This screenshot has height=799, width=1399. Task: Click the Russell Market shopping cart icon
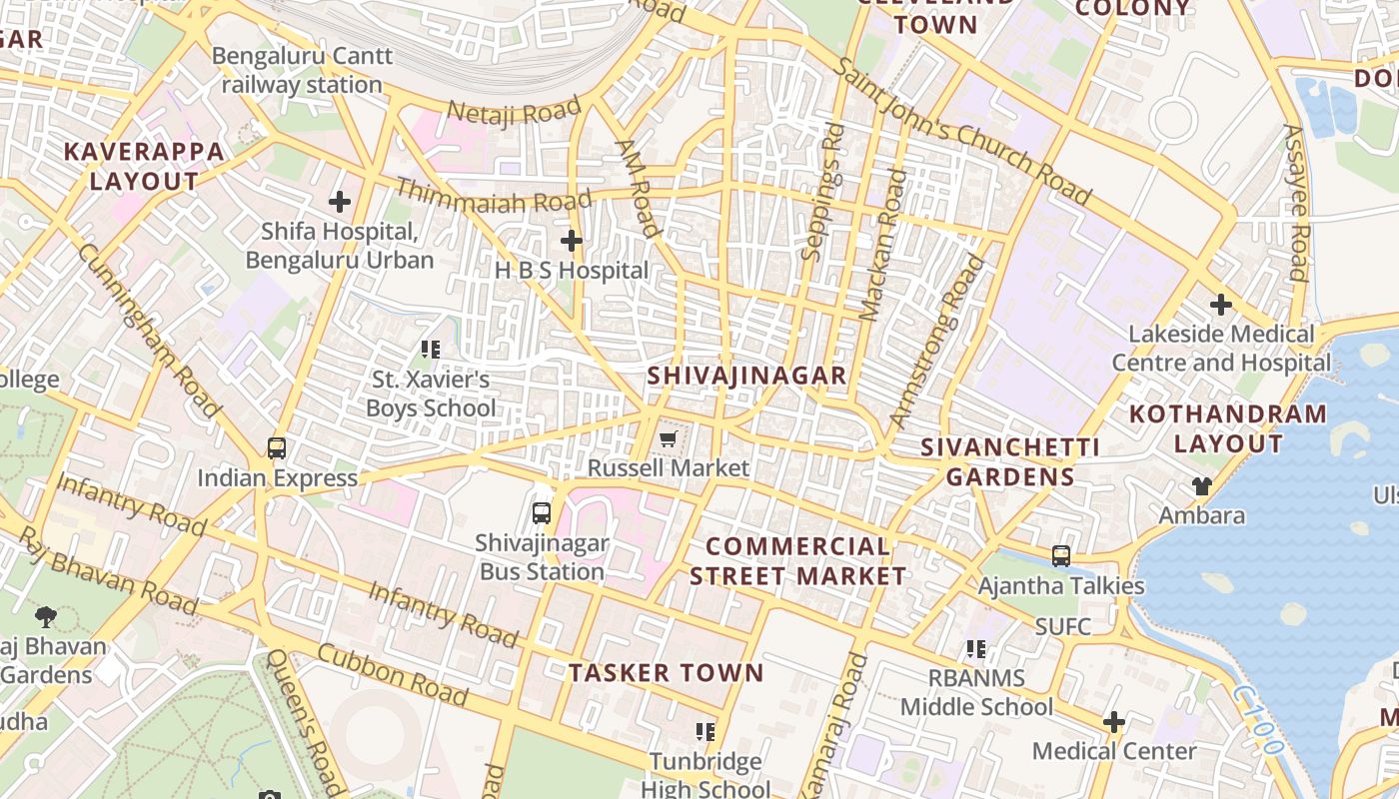668,439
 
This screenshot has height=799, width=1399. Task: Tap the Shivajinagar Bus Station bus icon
542,513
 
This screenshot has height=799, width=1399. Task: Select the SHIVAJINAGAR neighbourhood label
746,376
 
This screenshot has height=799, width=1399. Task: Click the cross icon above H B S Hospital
571,241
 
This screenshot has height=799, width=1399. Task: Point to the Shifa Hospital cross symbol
340,202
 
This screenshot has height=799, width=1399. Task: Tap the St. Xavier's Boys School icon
431,350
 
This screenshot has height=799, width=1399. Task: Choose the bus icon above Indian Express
277,448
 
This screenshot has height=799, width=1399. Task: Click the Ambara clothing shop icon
1201,486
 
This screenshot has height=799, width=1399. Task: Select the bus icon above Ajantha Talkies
1061,555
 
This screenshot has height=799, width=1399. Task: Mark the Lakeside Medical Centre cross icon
1221,305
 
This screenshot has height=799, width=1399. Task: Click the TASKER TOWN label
666,673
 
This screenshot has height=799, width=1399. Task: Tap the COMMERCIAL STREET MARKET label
797,561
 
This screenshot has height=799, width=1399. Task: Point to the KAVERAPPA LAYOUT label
145,167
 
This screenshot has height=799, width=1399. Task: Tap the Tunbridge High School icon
705,732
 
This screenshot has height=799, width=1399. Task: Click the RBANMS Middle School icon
976,649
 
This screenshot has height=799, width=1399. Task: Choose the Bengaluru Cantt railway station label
302,70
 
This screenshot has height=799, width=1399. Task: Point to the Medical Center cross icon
1113,722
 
